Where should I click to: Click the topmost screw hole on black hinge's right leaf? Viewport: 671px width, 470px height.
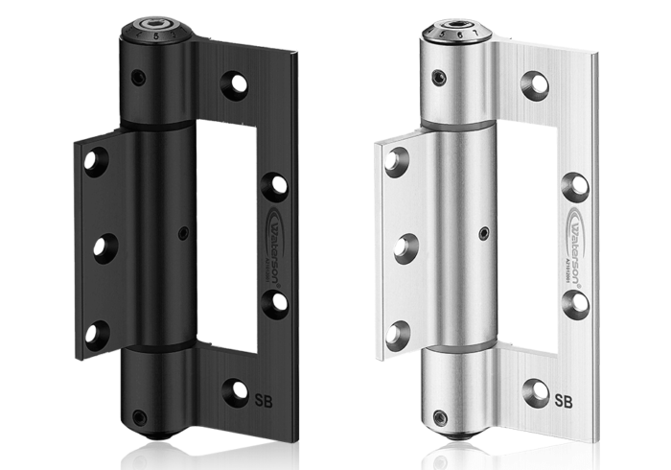(x=235, y=85)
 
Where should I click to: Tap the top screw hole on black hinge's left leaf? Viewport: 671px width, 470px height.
(x=95, y=161)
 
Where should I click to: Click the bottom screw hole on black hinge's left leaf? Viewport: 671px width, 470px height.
(x=97, y=334)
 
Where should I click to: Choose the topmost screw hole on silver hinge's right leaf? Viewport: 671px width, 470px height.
(x=534, y=85)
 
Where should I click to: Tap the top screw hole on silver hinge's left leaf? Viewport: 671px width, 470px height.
(x=396, y=161)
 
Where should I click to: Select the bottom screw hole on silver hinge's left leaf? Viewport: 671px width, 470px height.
(x=397, y=336)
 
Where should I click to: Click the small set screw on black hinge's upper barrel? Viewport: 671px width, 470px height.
(x=140, y=78)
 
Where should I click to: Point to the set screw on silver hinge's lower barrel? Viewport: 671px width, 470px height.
(x=440, y=418)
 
